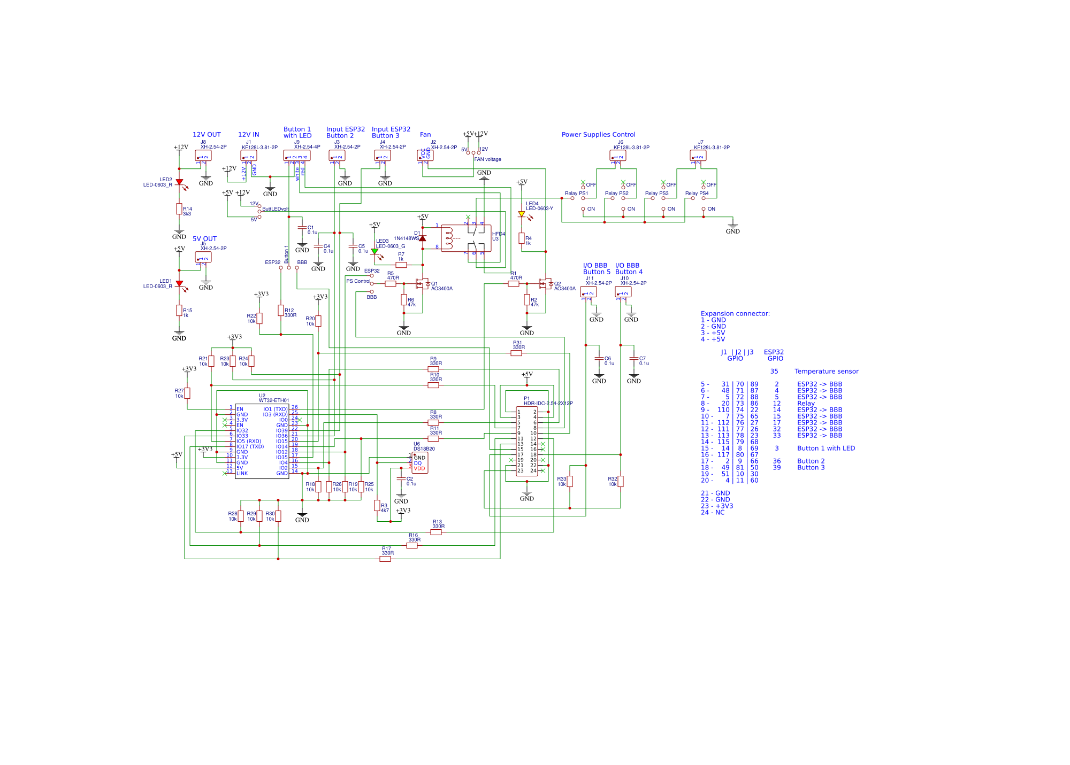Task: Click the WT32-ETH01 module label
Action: tap(274, 400)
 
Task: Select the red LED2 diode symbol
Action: tap(179, 182)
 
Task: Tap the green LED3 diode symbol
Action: tap(374, 251)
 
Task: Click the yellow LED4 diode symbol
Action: tap(522, 214)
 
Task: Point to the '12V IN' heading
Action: tap(248, 135)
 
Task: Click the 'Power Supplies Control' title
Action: tap(598, 135)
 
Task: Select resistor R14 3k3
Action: tap(179, 209)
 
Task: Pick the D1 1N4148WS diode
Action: tap(423, 238)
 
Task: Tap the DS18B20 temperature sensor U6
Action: tap(420, 463)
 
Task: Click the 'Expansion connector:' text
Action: tap(735, 314)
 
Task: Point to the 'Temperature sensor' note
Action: tap(826, 372)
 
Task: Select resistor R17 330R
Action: tap(385, 559)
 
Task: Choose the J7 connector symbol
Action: tap(698, 156)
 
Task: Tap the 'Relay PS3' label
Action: tap(656, 194)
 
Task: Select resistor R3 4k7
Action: tap(377, 505)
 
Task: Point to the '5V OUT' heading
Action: tap(204, 239)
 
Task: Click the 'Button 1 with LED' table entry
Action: tap(826, 449)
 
